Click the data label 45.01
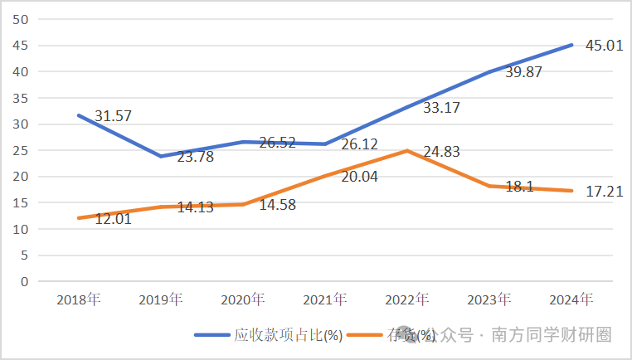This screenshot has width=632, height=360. point(598,46)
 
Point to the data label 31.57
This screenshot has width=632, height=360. point(114,116)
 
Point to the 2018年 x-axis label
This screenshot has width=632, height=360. point(79,299)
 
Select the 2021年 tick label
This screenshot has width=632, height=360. point(325,299)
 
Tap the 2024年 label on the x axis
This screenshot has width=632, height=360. point(572,299)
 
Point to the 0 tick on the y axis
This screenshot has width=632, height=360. point(26,281)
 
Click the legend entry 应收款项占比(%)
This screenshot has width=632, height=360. point(287,335)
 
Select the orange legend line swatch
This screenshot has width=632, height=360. point(364,335)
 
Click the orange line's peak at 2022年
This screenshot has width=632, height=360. point(407,151)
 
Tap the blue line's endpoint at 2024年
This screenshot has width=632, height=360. point(571,45)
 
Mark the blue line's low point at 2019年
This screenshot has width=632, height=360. point(161,156)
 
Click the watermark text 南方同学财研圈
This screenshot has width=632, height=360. point(552,335)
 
